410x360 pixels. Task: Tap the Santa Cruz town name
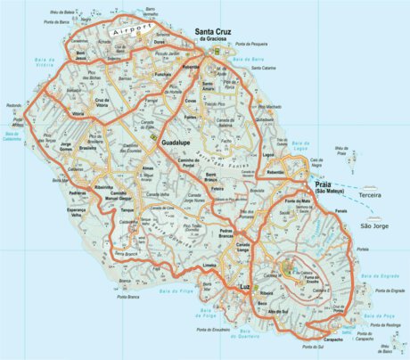(x=216, y=32)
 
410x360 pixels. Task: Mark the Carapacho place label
(x=332, y=340)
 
